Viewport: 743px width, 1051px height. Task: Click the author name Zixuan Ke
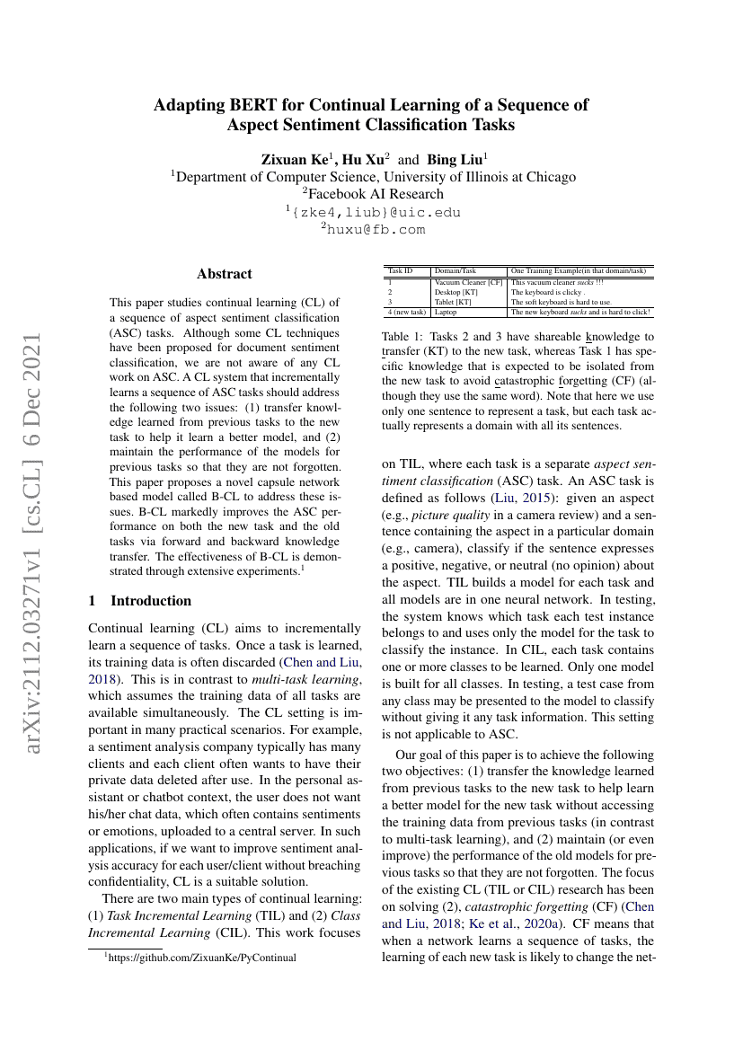coord(294,160)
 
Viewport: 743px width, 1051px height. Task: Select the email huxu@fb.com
coord(374,229)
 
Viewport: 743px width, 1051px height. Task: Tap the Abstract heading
coord(225,274)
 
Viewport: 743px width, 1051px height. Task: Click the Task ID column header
coord(401,270)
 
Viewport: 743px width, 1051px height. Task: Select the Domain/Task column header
coord(456,270)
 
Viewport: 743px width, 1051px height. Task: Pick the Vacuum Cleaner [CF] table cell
coord(467,283)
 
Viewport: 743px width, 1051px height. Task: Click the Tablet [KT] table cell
coord(452,302)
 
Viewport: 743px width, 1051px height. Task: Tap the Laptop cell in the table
coord(446,313)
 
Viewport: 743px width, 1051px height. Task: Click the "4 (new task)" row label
coord(406,313)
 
